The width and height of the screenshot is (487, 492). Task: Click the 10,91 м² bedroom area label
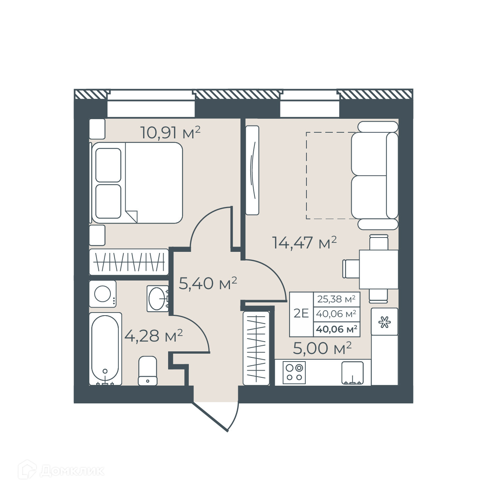click(170, 132)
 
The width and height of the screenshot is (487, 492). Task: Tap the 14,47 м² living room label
click(304, 242)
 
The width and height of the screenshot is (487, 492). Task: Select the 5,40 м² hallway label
click(208, 284)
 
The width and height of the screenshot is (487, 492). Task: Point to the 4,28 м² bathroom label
click(153, 336)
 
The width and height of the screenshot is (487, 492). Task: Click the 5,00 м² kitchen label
click(322, 348)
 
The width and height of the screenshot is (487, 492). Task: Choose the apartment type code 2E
click(301, 313)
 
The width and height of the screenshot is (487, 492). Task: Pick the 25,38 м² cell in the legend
click(336, 299)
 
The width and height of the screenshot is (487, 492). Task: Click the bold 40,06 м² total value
click(336, 329)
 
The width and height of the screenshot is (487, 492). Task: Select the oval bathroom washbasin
click(157, 299)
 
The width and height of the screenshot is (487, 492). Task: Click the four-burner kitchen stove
click(294, 372)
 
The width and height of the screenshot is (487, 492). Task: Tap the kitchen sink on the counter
click(352, 373)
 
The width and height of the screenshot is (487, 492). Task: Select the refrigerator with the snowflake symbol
click(384, 322)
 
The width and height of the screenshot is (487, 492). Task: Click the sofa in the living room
click(375, 175)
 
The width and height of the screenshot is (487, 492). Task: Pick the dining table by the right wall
click(379, 269)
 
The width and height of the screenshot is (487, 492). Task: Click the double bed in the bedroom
click(137, 183)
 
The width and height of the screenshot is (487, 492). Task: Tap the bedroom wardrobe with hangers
click(129, 262)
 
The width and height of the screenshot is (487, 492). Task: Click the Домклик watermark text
click(72, 471)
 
